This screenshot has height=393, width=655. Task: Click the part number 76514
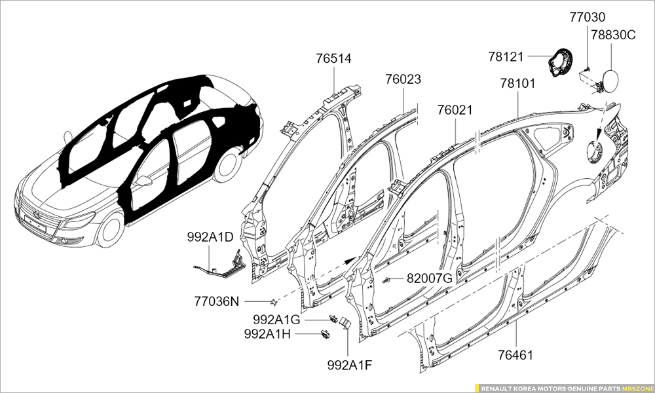point(334,59)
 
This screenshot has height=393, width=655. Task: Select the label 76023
point(403,79)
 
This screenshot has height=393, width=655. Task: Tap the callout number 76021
point(455,111)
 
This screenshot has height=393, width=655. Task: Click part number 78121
point(506,57)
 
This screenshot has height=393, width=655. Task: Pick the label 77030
point(588,18)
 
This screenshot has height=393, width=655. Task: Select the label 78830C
point(613,35)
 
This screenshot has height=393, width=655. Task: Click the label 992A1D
point(210,237)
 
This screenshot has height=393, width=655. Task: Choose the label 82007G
point(430,278)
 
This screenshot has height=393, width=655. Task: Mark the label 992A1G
point(276,320)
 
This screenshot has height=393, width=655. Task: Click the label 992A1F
point(350,364)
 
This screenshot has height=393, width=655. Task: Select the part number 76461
point(515,355)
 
